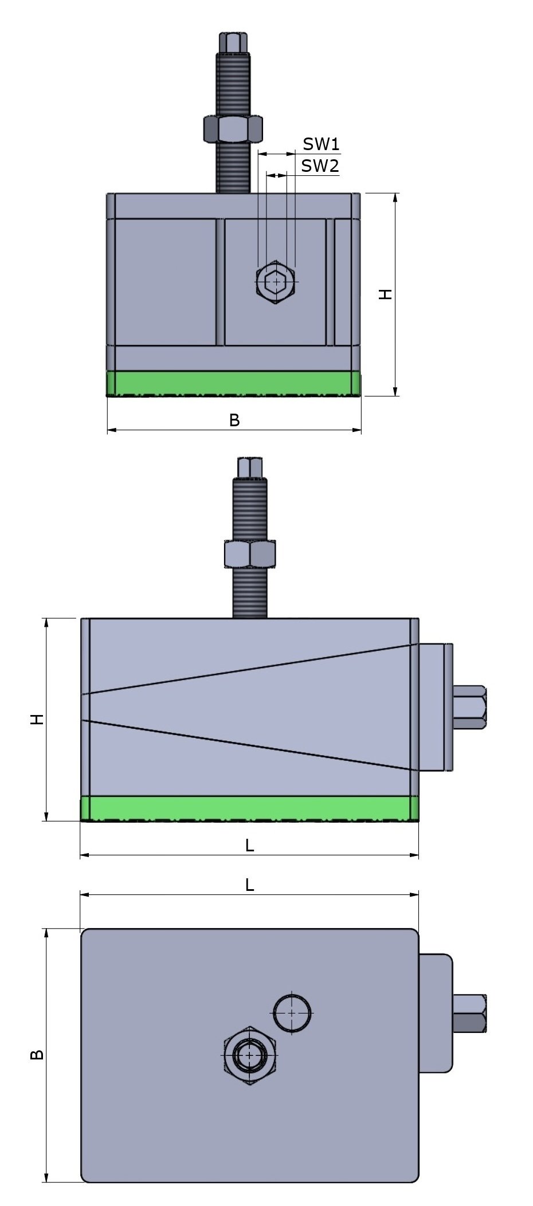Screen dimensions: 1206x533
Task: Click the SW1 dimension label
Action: tap(321, 144)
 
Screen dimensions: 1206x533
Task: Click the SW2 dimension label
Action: tap(320, 166)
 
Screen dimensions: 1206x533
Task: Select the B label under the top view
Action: tap(234, 420)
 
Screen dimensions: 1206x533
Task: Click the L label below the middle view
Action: tap(249, 845)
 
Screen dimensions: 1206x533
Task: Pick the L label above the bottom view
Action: tap(249, 885)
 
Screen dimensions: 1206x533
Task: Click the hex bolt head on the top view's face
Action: tap(276, 282)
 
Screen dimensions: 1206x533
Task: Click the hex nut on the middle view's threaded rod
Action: tap(249, 554)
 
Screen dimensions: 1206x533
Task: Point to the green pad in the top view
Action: tap(234, 383)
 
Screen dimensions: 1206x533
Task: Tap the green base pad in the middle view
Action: tap(249, 808)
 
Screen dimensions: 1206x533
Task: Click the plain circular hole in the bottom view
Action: tap(292, 1013)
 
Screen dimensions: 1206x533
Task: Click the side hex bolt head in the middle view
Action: tap(470, 706)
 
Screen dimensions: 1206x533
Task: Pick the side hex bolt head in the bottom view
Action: tap(469, 1013)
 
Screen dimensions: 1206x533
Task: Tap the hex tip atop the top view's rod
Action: tap(233, 42)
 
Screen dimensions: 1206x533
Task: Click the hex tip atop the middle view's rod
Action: tap(249, 467)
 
